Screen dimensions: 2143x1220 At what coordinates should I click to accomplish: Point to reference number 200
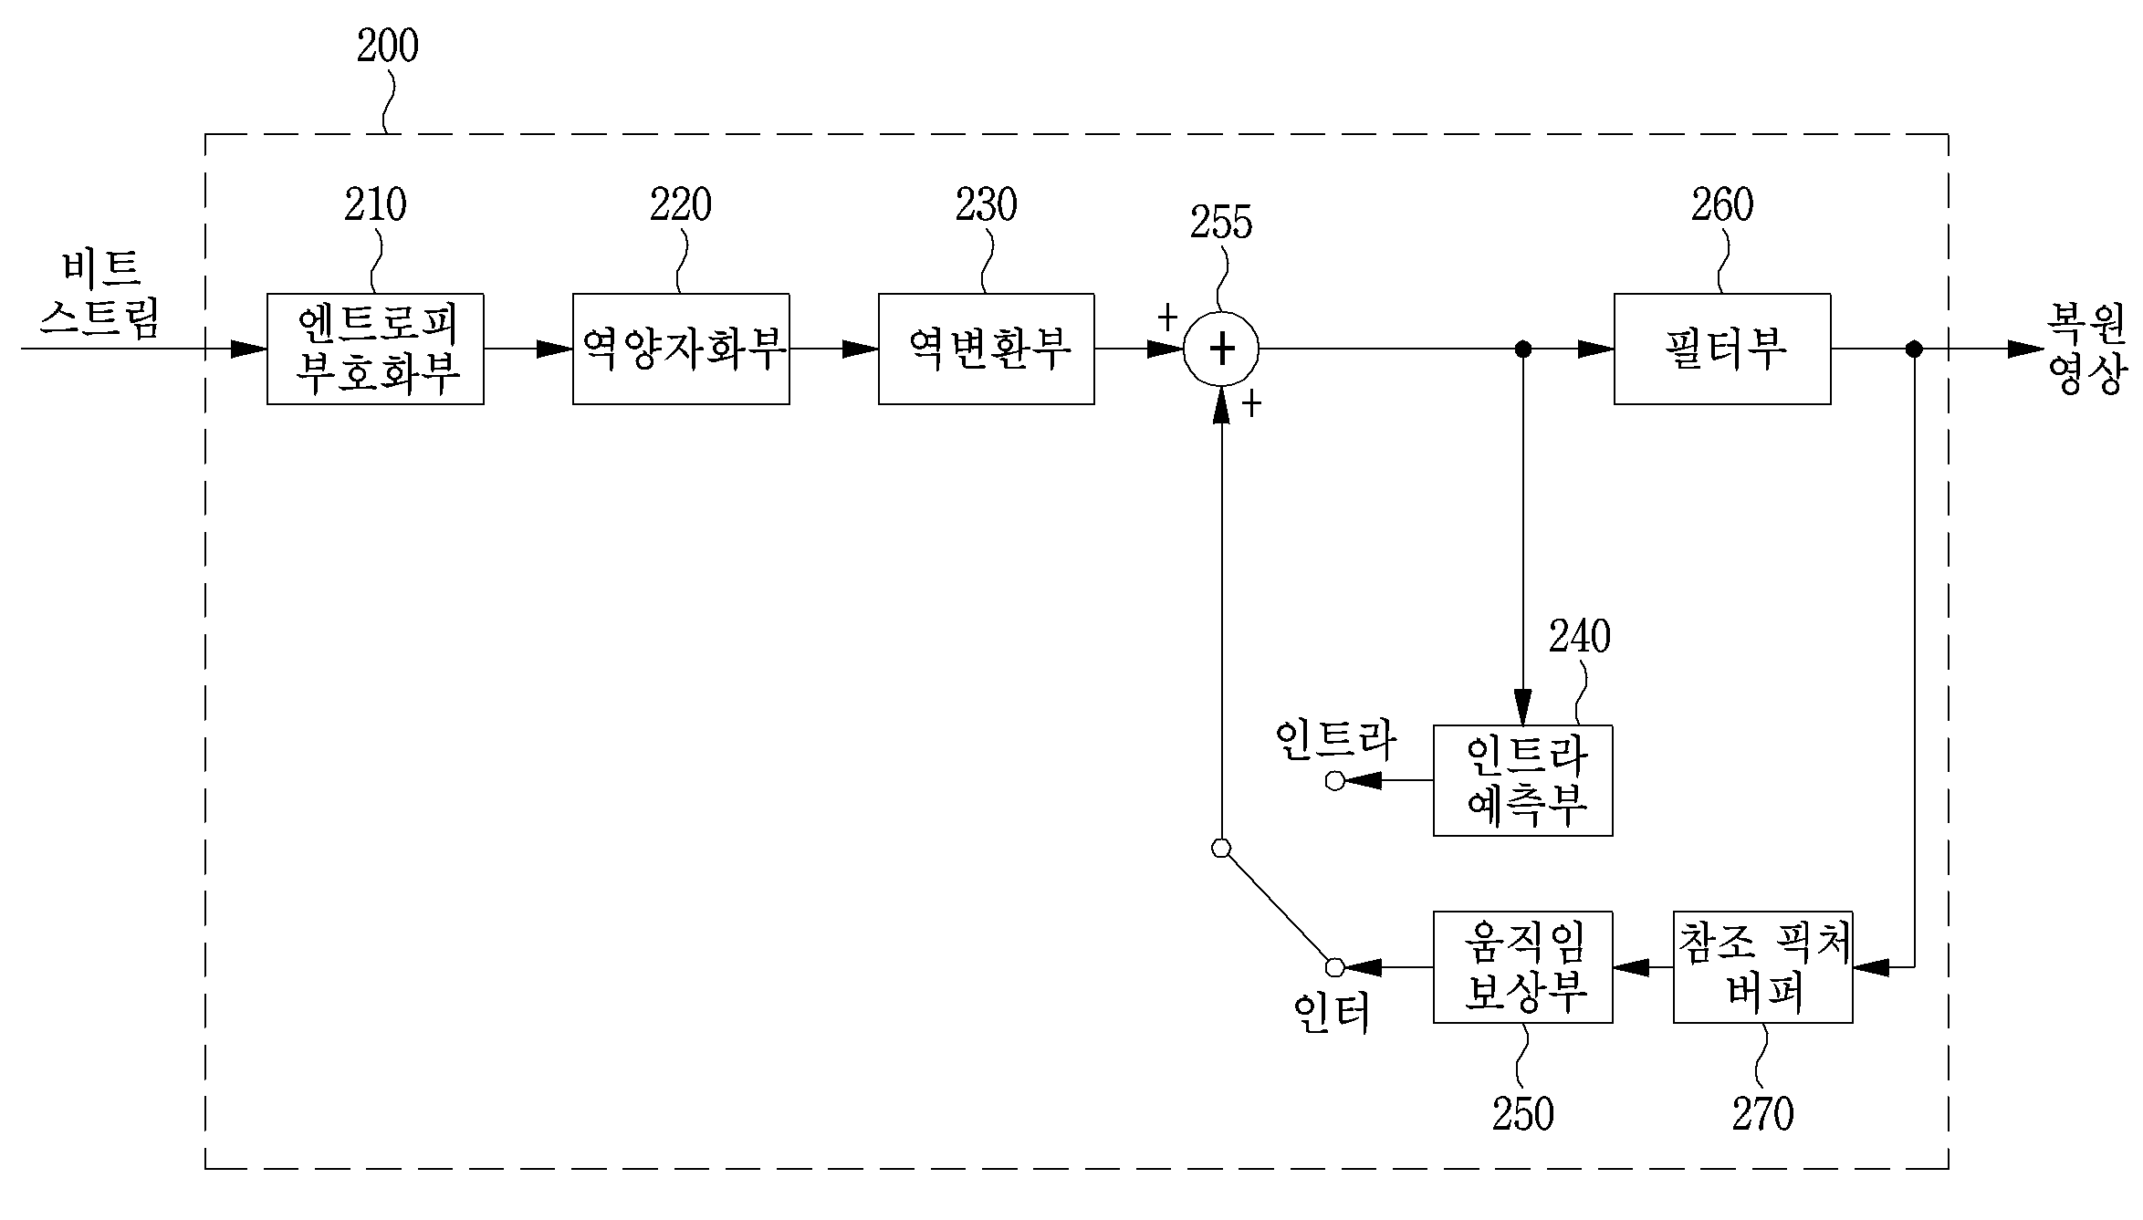click(388, 46)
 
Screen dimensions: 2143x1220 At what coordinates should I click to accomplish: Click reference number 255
click(1221, 223)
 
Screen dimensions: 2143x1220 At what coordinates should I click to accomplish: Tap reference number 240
click(1580, 637)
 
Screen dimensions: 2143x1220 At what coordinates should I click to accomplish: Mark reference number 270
click(1763, 1114)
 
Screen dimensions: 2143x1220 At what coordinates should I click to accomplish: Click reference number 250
click(1523, 1114)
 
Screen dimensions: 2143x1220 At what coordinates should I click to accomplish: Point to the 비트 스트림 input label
click(100, 294)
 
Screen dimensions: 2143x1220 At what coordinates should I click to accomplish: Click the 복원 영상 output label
click(2088, 349)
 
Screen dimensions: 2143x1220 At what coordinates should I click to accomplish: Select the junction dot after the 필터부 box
click(1915, 349)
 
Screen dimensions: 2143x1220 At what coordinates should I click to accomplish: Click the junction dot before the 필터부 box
click(1522, 349)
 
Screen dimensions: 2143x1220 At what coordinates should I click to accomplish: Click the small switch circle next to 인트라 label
click(1335, 781)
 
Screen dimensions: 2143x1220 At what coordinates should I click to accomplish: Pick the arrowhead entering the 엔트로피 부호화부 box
click(248, 349)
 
